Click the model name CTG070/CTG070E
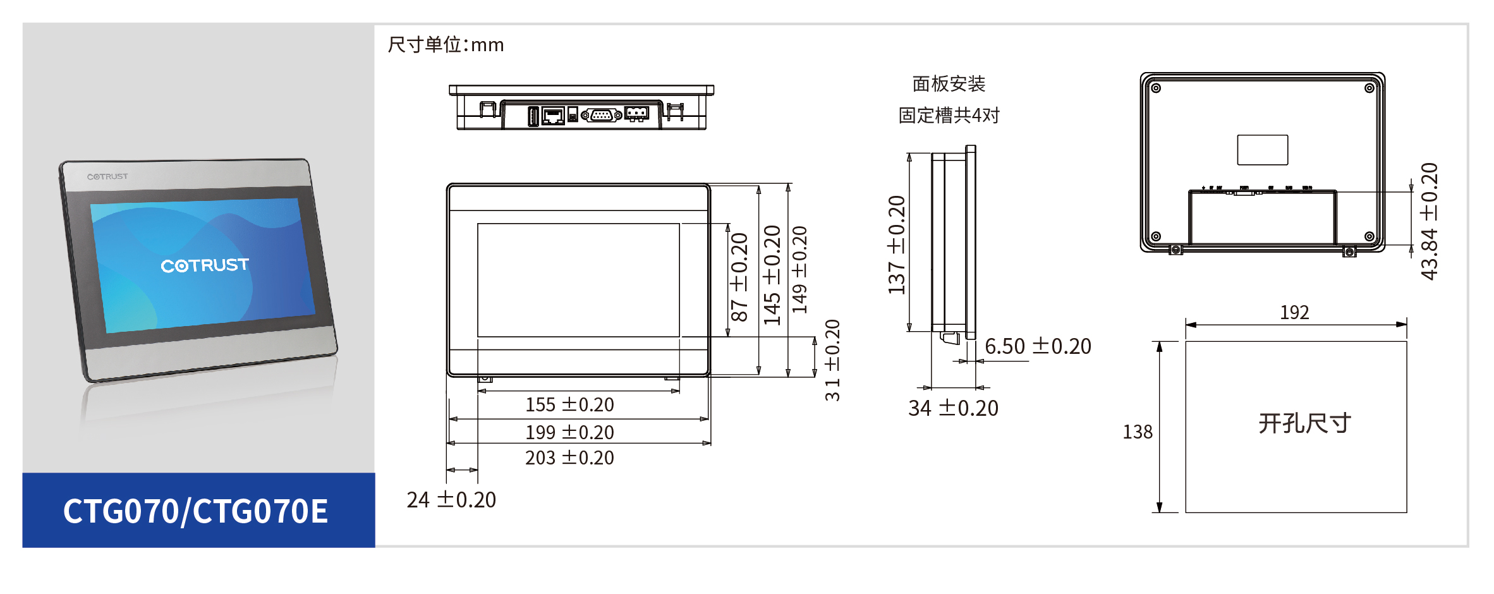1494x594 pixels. [x=195, y=511]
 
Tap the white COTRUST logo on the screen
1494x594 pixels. [x=205, y=265]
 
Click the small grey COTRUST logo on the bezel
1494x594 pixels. [x=107, y=176]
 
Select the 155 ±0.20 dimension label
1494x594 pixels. [x=569, y=404]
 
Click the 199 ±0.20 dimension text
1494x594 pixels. [x=569, y=432]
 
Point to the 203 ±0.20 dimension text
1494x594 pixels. [x=569, y=458]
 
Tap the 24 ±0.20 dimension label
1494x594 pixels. [x=451, y=500]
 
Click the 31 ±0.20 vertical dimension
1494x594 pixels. [x=832, y=360]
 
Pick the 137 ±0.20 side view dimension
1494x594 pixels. [x=897, y=245]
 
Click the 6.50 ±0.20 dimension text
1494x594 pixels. [x=1038, y=346]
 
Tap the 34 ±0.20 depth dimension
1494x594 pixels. [x=953, y=408]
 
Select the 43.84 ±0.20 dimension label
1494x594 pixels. [x=1430, y=221]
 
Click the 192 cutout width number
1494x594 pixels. [x=1294, y=312]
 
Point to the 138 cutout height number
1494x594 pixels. [x=1137, y=432]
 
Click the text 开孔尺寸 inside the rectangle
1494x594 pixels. [x=1304, y=423]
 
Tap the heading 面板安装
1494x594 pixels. [x=949, y=84]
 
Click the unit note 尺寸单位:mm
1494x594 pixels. [x=446, y=45]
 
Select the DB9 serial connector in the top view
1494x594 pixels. [x=601, y=115]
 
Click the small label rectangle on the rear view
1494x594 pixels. [x=1262, y=150]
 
